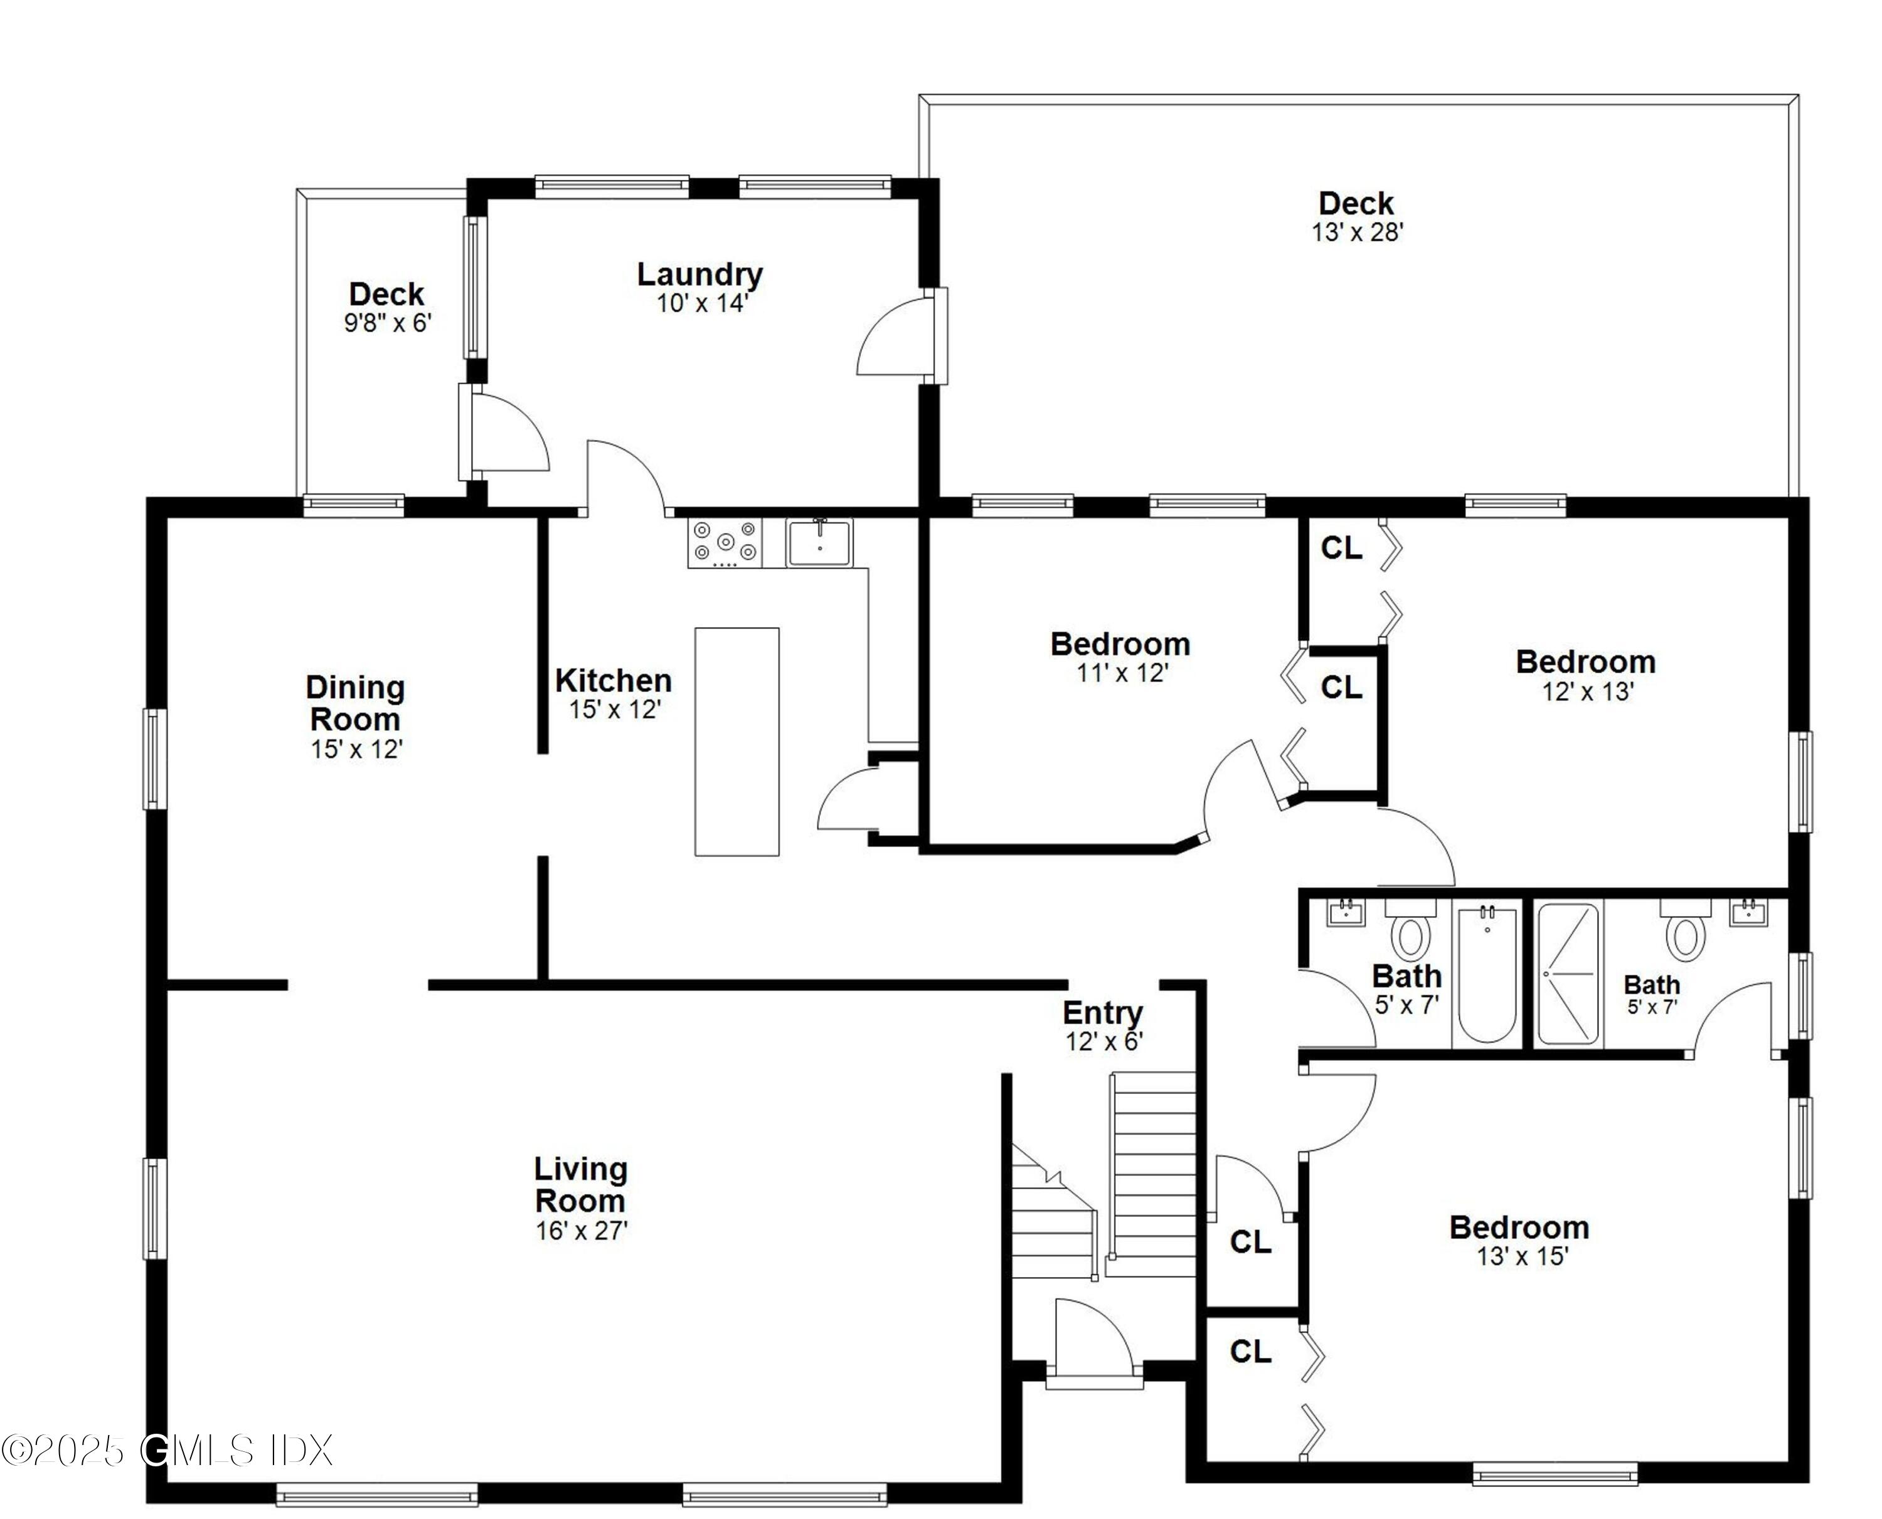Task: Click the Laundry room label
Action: [699, 275]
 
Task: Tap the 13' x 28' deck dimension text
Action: [1357, 233]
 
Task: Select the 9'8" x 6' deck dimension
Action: [388, 323]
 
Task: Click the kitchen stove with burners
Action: [725, 542]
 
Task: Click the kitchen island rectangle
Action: [736, 741]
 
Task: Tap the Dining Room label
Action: [356, 703]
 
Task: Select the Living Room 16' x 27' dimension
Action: [582, 1230]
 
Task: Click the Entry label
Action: [1102, 1012]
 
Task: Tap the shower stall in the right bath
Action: [1568, 975]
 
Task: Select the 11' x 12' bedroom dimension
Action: [1123, 673]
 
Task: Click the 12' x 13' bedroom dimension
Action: [1588, 691]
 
